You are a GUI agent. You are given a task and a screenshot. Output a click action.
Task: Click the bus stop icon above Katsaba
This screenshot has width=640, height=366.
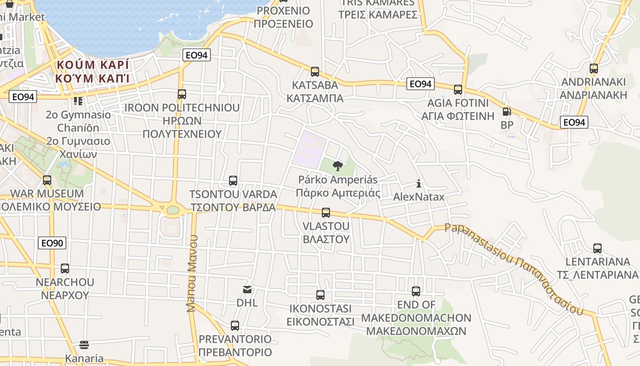[315, 72]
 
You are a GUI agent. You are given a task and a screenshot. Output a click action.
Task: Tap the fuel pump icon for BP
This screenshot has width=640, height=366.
[507, 112]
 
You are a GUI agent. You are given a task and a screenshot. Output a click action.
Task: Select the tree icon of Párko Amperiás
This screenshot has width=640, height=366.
[338, 166]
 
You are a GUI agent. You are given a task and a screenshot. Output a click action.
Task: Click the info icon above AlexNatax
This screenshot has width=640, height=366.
[419, 184]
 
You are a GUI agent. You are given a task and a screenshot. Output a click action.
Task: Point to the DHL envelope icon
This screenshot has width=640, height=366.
[247, 290]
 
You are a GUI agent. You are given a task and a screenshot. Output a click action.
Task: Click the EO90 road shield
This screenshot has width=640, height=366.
[53, 243]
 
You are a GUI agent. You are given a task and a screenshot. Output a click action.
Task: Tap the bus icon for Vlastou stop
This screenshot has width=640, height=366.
[326, 213]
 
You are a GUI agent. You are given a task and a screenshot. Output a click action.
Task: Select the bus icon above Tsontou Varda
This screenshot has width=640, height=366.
[233, 181]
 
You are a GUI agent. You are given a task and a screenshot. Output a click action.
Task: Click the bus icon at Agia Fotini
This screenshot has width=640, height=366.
[458, 90]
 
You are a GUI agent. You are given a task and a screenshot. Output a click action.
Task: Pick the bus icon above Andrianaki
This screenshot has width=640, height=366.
[594, 69]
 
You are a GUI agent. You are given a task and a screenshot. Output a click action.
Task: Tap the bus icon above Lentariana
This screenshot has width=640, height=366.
[597, 248]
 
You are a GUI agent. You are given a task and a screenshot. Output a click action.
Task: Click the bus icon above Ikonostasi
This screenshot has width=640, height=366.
[320, 295]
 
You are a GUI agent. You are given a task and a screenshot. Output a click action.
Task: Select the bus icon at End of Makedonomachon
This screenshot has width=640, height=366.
[416, 291]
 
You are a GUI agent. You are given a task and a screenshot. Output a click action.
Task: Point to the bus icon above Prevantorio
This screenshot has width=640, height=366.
[235, 326]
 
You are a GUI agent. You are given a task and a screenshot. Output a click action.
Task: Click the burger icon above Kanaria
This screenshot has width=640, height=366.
[84, 344]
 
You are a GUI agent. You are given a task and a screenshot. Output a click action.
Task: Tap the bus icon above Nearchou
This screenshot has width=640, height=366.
[65, 269]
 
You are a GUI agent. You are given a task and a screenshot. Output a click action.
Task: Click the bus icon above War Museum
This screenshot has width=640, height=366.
[47, 180]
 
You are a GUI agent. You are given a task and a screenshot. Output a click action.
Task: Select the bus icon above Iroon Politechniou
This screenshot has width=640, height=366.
[182, 94]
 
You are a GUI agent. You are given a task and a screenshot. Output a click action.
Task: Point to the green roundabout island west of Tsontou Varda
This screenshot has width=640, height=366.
[173, 210]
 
